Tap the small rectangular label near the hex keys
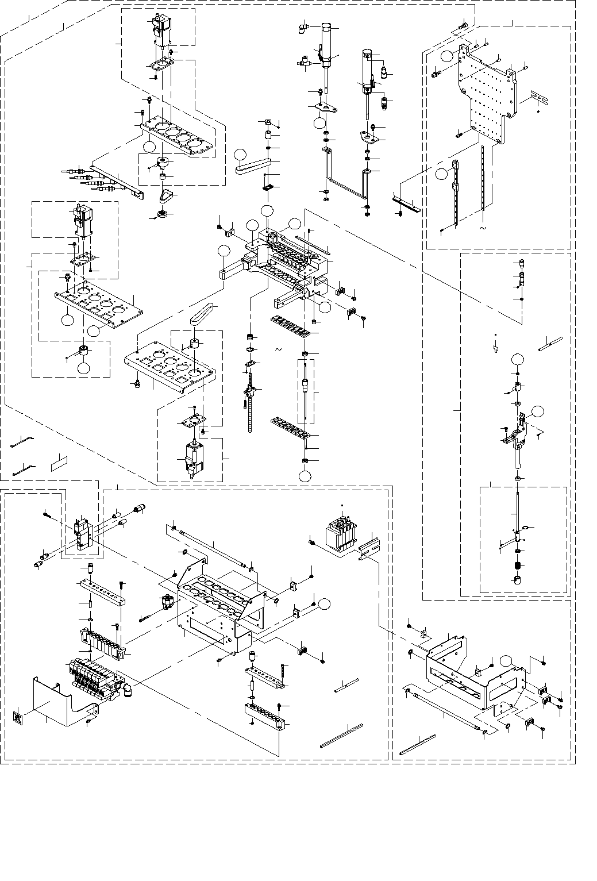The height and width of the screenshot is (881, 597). [x=59, y=462]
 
